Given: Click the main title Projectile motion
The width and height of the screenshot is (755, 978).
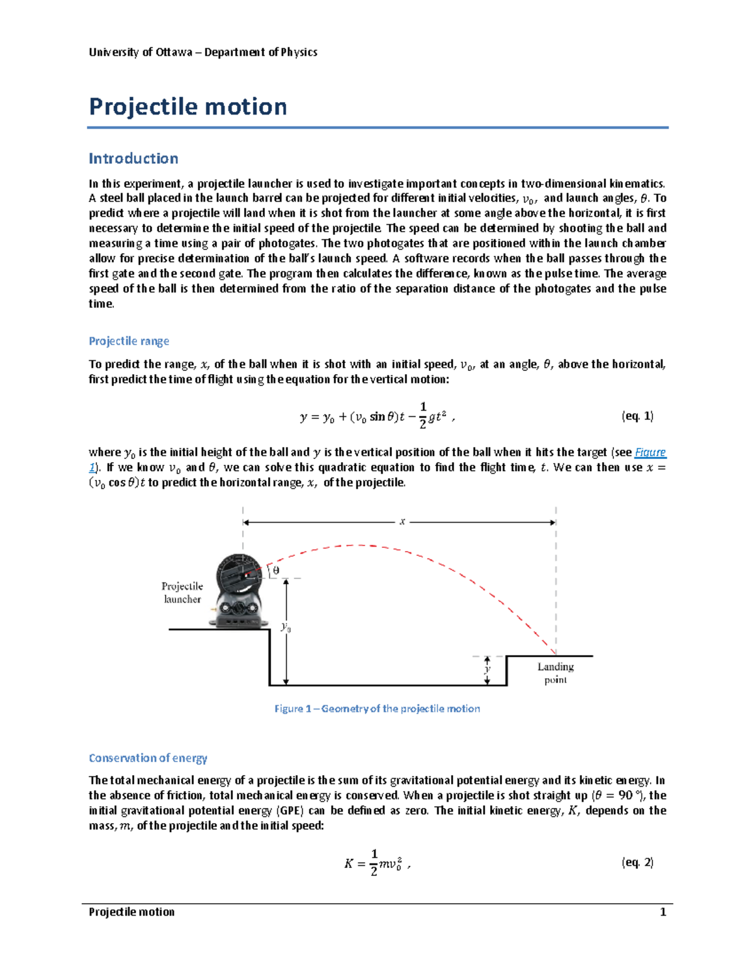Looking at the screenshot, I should [x=187, y=106].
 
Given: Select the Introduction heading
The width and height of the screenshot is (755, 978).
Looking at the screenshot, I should [x=133, y=158].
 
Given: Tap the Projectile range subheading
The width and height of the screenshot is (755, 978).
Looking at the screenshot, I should [x=129, y=341].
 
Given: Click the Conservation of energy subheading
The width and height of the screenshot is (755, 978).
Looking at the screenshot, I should [x=148, y=758].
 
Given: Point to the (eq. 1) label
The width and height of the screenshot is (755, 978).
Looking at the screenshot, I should [x=637, y=416].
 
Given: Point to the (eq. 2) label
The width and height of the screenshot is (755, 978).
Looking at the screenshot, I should [x=637, y=862].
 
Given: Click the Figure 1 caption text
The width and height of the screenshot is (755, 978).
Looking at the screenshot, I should [x=377, y=708].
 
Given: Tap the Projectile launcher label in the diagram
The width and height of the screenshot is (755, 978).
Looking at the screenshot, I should [x=182, y=593].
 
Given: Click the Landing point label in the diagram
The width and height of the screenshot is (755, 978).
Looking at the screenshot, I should [x=555, y=673].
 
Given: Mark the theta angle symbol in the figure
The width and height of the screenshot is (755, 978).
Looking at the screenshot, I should [x=276, y=571].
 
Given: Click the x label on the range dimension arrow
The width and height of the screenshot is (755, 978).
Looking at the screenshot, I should [x=402, y=521].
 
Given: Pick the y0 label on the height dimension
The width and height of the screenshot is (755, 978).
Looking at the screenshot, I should [x=286, y=627].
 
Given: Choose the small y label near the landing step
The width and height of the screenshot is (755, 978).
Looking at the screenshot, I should [x=486, y=670].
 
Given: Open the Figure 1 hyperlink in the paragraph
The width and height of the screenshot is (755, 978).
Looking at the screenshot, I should [x=650, y=452].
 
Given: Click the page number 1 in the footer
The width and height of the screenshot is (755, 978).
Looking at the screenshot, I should [x=663, y=912].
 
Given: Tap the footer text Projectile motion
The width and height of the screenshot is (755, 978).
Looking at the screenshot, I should [x=131, y=912].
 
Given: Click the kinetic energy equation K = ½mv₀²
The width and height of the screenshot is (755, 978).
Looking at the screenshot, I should [x=376, y=863].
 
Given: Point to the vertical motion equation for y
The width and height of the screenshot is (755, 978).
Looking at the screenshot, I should [x=376, y=416].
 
